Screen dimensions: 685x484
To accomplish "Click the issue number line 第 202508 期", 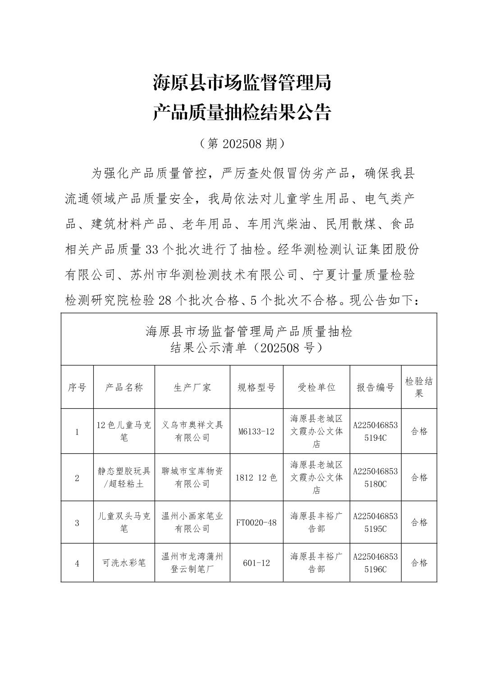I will pos(242,143).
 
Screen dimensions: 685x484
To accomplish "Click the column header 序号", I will pos(77,387).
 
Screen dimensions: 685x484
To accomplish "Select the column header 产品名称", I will pos(124,387).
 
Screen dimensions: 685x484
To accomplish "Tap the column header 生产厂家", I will pos(192,387).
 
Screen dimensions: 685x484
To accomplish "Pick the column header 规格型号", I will pos(256,387).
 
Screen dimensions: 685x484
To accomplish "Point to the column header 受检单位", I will pos(316,387).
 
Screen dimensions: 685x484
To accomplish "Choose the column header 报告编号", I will pos(375,387).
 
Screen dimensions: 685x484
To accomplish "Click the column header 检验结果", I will pos(419,387).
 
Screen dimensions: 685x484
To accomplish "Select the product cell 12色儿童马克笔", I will pos(124,431).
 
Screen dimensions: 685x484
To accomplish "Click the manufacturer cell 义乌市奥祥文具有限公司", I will pos(192,431).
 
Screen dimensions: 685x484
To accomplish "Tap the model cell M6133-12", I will pos(256,431).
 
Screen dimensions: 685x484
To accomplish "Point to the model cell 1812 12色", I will pos(256,478).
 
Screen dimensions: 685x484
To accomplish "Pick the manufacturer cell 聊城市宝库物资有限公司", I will pos(192,478).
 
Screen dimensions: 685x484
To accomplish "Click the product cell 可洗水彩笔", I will pos(124,563).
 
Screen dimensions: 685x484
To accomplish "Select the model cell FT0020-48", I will pos(256,523).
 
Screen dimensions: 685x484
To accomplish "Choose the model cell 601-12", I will pos(256,563).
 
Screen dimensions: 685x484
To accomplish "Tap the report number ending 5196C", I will pos(375,563).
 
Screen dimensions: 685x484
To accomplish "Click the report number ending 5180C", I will pos(375,478).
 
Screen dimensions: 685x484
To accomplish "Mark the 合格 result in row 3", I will pos(419,523).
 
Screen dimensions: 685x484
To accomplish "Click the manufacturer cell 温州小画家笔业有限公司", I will pos(192,523).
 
